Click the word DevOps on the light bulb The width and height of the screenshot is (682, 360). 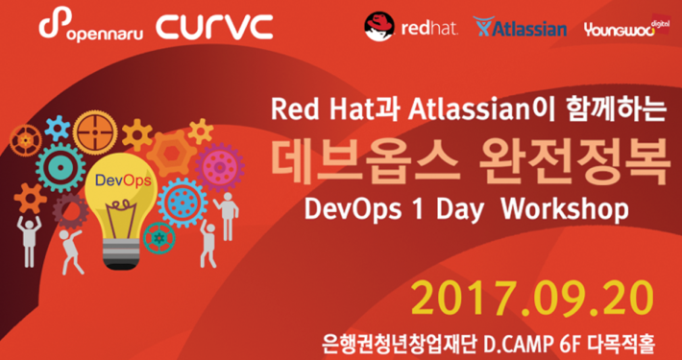[x=120, y=180]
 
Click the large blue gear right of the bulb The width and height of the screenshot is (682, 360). [x=183, y=202]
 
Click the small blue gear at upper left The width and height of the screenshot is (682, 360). [x=59, y=126]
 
